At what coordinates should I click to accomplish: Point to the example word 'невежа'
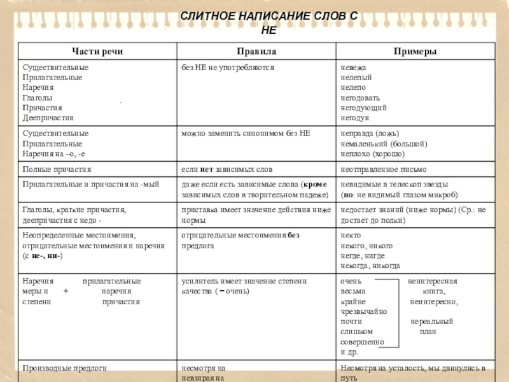[x=354, y=67]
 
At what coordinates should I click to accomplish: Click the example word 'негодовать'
[x=360, y=98]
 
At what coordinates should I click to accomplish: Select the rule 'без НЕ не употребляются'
[x=228, y=67]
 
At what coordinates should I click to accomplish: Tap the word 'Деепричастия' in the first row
[x=48, y=118]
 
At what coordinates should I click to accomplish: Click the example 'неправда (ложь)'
[x=370, y=134]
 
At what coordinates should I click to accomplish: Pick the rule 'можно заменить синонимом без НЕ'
[x=246, y=134]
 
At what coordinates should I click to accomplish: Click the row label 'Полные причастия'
[x=57, y=170]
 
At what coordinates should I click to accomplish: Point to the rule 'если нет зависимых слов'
[x=227, y=170]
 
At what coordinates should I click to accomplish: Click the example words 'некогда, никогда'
[x=371, y=265]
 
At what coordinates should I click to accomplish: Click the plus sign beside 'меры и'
[x=67, y=291]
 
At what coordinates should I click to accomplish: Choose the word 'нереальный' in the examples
[x=432, y=322]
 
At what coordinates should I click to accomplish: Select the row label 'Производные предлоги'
[x=64, y=368]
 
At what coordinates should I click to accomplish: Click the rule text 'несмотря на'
[x=204, y=368]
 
